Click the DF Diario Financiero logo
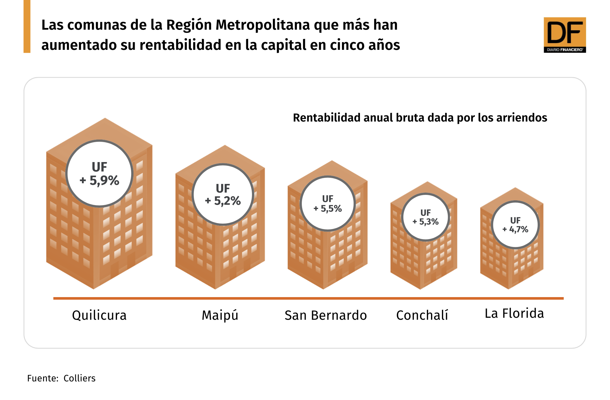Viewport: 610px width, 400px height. coord(564,35)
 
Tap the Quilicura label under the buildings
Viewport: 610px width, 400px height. coord(99,315)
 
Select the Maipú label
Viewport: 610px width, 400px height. coord(220,315)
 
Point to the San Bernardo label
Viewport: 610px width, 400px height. coord(326,315)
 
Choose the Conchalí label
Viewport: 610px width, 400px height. coord(422,315)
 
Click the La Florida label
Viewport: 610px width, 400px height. coord(514,314)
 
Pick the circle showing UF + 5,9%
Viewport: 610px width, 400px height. coord(100,174)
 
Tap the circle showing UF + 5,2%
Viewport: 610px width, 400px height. coord(223,195)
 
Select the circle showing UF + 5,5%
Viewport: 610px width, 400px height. coord(327,204)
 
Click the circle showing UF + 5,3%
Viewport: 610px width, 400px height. coord(425,217)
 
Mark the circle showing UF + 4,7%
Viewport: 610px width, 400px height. coord(515,225)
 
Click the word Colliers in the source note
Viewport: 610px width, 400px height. coord(79,378)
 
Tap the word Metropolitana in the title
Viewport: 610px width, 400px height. coord(263,25)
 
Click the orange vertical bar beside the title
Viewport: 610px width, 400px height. coord(27,26)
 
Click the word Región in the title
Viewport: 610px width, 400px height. coord(188,25)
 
